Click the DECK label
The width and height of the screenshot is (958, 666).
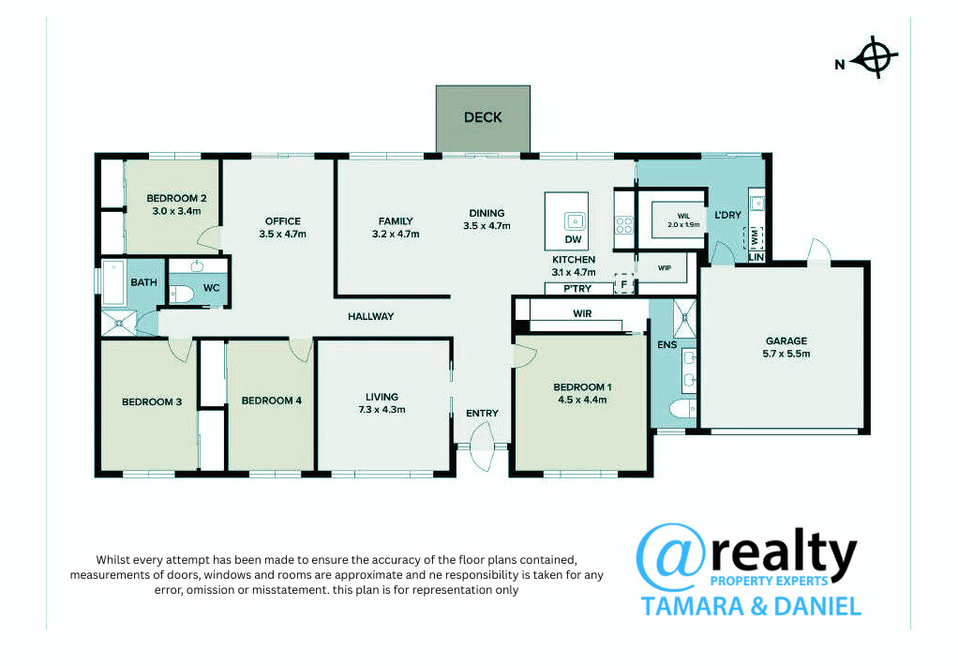[x=483, y=117]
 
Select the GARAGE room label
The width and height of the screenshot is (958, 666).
[x=786, y=341]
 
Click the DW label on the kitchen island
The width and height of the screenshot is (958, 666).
[x=573, y=240]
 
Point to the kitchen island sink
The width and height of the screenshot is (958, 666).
[x=575, y=220]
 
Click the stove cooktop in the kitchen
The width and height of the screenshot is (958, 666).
[x=623, y=225]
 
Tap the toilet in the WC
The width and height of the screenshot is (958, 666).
[x=182, y=295]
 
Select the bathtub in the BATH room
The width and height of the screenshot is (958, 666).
[x=113, y=282]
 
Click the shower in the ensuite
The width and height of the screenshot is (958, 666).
[x=683, y=317]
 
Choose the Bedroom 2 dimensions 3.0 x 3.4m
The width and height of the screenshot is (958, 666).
[x=176, y=211]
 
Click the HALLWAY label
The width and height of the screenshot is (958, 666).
[x=371, y=316]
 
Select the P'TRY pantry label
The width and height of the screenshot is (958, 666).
[x=577, y=289]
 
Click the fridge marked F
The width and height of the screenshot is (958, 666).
[x=623, y=284]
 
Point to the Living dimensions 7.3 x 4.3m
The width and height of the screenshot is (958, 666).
[x=382, y=410]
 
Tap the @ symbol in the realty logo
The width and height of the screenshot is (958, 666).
[x=671, y=557]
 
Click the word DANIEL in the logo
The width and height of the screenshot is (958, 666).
[x=817, y=606]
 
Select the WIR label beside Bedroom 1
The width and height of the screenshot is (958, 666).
[x=582, y=313]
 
